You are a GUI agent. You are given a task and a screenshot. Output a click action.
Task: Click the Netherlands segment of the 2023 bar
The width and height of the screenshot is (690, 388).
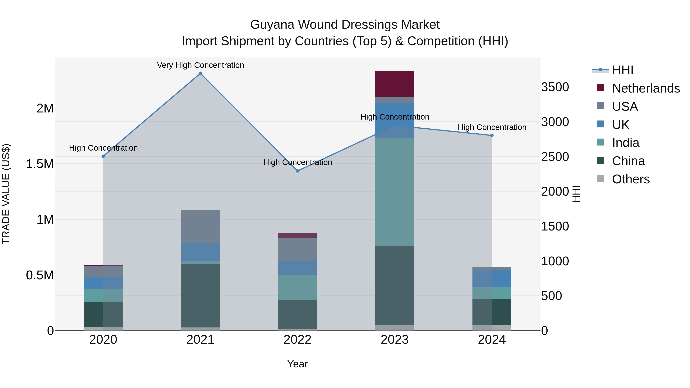click(x=395, y=84)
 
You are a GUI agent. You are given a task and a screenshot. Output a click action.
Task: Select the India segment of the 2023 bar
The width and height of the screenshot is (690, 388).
click(x=395, y=192)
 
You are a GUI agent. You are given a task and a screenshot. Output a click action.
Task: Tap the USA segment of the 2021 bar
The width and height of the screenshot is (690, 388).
click(x=200, y=226)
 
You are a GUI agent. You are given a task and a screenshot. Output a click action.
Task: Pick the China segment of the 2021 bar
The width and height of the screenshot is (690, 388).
click(x=200, y=296)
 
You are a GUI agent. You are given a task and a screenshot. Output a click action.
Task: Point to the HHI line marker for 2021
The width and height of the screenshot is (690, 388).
click(x=200, y=73)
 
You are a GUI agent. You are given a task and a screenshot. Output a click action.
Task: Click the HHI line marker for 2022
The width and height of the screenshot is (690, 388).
click(x=298, y=171)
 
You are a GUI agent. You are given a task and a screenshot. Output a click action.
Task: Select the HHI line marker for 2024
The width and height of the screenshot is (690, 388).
click(x=492, y=135)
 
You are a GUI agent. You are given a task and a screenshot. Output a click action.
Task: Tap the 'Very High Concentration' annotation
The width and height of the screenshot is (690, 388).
click(x=200, y=65)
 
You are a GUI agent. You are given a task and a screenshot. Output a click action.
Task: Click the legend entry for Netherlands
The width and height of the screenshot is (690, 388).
click(x=646, y=88)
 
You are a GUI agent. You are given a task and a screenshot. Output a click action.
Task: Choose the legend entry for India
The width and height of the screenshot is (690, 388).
click(x=625, y=143)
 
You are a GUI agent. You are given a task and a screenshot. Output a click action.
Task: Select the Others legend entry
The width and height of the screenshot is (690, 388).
click(x=631, y=179)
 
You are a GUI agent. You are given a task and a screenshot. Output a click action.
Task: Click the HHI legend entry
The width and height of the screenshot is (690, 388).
click(x=623, y=70)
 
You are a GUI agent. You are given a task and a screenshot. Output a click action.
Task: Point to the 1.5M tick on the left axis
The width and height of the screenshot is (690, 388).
click(x=40, y=164)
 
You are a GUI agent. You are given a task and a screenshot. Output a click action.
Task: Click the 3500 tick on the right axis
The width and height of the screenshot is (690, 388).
click(x=555, y=87)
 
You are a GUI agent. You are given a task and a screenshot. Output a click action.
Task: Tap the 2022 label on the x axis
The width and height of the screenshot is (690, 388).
click(x=298, y=340)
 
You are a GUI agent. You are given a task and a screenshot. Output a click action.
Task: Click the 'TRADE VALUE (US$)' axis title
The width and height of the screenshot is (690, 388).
click(x=6, y=194)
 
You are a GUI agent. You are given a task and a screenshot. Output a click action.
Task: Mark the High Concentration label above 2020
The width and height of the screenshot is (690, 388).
click(x=103, y=148)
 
